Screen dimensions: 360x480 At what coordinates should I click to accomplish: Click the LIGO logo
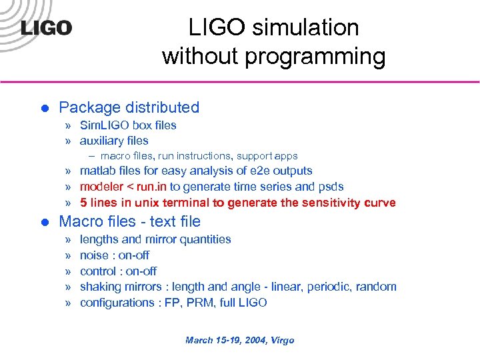point(46,28)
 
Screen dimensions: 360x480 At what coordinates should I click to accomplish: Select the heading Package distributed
point(129,107)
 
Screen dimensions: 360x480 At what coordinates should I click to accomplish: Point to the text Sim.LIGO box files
point(128,125)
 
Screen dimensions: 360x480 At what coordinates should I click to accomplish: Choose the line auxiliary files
point(114,141)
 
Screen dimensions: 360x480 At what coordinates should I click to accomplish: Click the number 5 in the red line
point(83,203)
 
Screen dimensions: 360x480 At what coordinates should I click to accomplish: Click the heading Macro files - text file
point(129,221)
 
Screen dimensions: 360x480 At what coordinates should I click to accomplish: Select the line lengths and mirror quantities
point(155,239)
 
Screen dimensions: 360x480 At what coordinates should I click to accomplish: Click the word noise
point(95,255)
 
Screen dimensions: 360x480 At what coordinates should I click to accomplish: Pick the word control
point(99,271)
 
